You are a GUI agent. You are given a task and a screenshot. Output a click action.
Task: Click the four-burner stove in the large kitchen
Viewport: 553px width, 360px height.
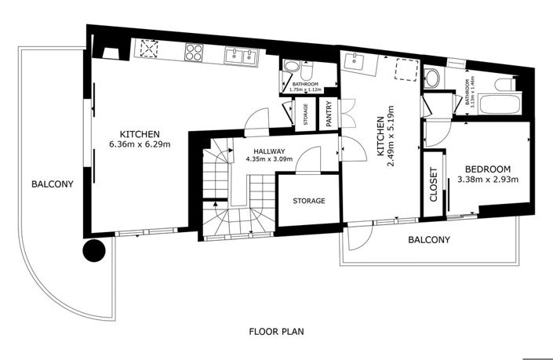(x=195, y=53)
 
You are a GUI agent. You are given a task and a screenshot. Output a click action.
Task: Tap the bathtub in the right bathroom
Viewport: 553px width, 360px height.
(x=499, y=103)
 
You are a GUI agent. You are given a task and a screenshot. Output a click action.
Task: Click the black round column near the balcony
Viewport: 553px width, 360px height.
(x=94, y=251)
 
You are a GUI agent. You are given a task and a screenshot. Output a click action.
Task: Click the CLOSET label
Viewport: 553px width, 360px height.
(x=433, y=186)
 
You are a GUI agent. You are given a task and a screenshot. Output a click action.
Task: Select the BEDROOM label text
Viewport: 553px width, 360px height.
(x=488, y=169)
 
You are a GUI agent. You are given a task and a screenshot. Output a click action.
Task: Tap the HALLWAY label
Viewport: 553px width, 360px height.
(x=268, y=151)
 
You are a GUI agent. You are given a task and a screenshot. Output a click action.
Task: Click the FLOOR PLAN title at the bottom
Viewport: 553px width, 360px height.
(x=275, y=331)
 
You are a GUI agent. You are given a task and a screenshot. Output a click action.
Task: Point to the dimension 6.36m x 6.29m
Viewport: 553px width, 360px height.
(x=140, y=144)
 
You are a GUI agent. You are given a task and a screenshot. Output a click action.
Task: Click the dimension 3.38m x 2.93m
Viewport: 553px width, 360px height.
(x=488, y=180)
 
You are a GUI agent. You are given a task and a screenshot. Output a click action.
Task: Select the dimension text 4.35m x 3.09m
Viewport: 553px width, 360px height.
(x=268, y=159)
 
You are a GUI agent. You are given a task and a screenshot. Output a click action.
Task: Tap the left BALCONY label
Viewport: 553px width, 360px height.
(x=53, y=185)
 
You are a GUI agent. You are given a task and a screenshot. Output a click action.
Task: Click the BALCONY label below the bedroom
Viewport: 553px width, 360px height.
(x=428, y=240)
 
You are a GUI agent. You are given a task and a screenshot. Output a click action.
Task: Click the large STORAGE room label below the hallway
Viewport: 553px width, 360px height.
(x=308, y=202)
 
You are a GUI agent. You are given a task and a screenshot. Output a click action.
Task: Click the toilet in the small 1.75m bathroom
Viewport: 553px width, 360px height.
(x=291, y=68)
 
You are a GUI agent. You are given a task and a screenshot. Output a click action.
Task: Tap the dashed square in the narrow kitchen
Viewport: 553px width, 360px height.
(x=405, y=71)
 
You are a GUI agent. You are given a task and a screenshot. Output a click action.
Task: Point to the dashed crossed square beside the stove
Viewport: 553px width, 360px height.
(x=147, y=50)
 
